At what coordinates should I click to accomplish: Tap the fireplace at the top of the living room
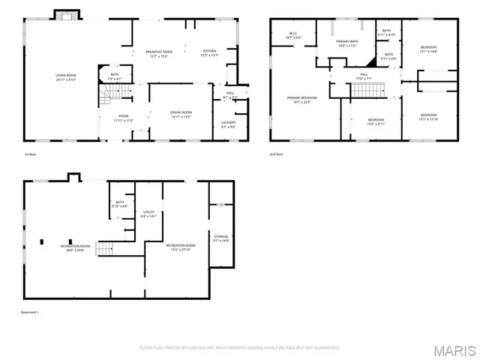(x=65, y=15)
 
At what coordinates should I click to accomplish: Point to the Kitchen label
(x=209, y=53)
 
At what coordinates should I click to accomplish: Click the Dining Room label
(x=181, y=114)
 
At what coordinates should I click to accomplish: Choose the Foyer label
(x=124, y=118)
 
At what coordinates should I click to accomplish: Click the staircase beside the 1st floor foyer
(x=110, y=93)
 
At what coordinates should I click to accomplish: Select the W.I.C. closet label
(x=294, y=35)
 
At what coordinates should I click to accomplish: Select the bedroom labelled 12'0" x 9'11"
(x=376, y=121)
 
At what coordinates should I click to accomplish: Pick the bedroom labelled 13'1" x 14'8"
(x=428, y=49)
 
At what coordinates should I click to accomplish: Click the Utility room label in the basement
(x=148, y=214)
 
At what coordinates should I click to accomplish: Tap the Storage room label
(x=220, y=238)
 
